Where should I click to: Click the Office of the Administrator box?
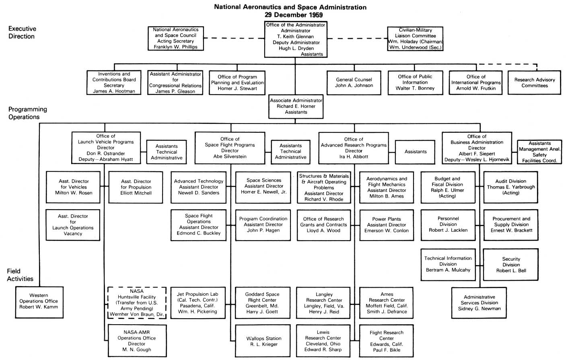pos(295,39)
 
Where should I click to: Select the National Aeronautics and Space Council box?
pos(175,38)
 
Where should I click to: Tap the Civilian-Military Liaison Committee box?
pos(415,39)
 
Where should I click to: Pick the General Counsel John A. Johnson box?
pos(354,83)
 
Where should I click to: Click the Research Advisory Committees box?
pos(534,83)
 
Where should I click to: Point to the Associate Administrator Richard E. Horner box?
pos(296,107)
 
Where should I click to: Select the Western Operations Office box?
pos(39,301)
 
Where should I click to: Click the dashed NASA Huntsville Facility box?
pos(137,303)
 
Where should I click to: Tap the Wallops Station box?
pos(263,341)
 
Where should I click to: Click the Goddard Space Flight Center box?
pos(262,303)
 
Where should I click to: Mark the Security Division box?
pos(511,265)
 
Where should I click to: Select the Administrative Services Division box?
pos(479,303)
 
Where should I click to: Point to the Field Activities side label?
pos(20,275)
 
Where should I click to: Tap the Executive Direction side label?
pos(22,33)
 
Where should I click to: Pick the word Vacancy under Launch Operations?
pos(73,234)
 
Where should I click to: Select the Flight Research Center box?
pos(386,341)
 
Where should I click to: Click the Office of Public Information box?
pos(415,82)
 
